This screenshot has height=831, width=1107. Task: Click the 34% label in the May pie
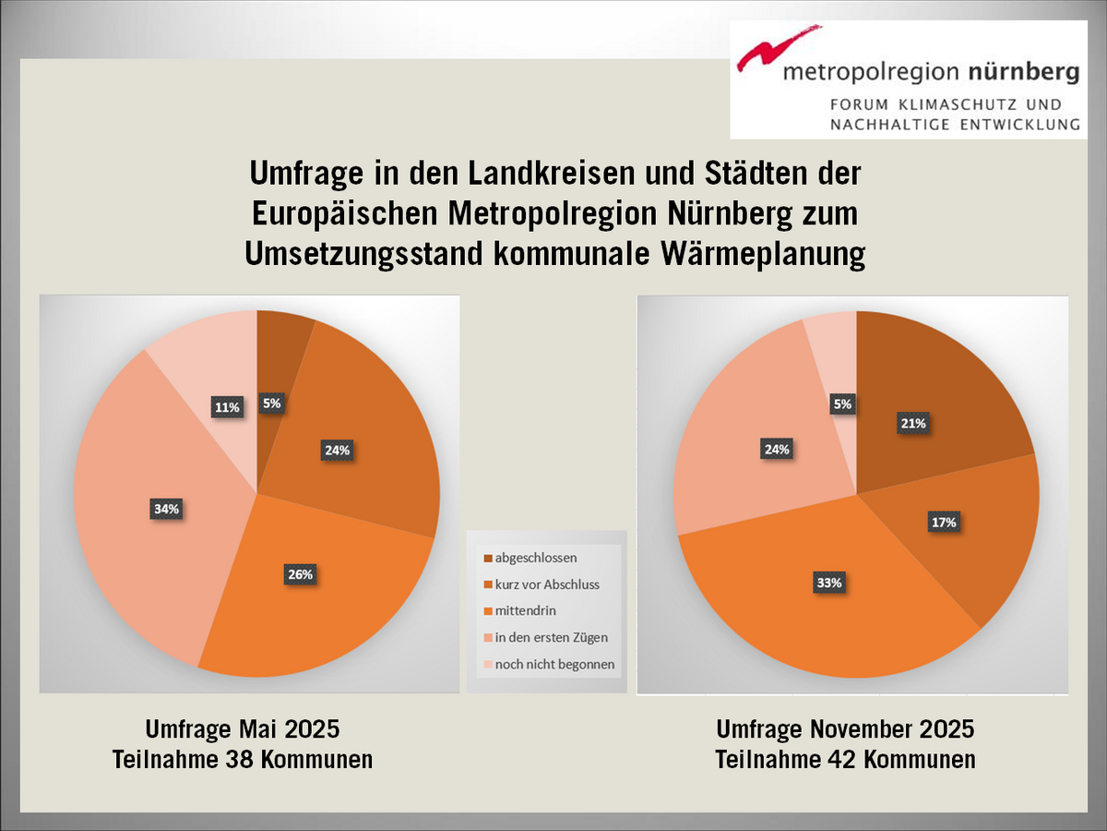(167, 508)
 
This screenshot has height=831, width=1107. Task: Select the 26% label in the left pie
(301, 574)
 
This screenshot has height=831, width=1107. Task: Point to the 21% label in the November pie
(913, 423)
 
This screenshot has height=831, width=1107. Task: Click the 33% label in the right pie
(827, 583)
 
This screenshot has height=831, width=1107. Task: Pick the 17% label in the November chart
(944, 522)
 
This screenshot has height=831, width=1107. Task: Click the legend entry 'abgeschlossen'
(536, 558)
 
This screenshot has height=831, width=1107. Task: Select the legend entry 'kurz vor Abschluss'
(547, 584)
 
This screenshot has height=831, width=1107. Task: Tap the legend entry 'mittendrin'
(525, 610)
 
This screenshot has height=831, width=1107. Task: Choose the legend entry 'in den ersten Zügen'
(551, 637)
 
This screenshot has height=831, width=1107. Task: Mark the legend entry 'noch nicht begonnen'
(554, 664)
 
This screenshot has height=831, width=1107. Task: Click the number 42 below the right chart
(849, 760)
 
